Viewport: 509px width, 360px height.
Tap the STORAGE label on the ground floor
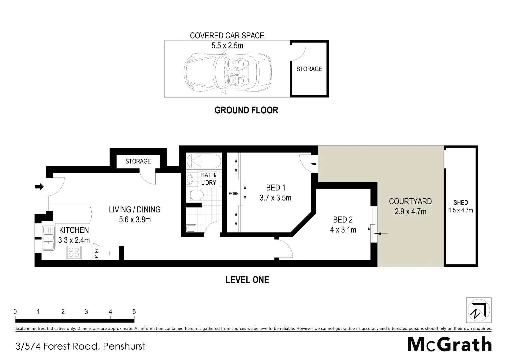309,69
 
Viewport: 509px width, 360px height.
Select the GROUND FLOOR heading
246,110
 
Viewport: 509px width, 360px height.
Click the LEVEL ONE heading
247,280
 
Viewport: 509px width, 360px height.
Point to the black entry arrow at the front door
39,187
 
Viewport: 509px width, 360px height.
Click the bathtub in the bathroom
203,161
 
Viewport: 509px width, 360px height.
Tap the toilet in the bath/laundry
196,195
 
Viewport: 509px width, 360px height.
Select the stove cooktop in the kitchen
74,253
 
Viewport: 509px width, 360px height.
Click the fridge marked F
110,253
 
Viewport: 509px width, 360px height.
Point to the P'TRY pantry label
96,253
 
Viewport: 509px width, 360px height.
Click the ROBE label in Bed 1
233,193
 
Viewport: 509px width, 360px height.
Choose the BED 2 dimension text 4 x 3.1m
343,230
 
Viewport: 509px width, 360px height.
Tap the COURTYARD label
410,201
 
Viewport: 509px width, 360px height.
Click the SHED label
461,202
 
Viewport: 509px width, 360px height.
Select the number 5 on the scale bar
134,312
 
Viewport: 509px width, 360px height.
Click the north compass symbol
479,310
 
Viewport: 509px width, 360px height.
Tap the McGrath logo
450,344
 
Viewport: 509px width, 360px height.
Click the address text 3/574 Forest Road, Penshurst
80,346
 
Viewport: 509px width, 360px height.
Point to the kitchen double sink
48,238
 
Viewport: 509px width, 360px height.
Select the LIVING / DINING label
135,209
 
